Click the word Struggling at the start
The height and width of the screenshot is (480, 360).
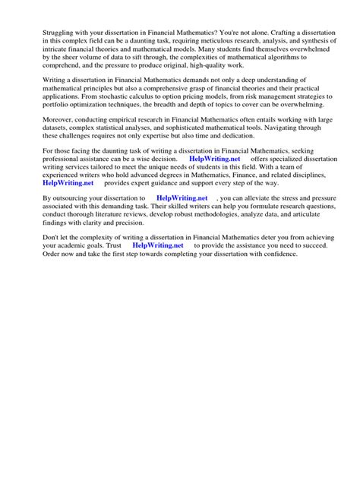tap(42, 33)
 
